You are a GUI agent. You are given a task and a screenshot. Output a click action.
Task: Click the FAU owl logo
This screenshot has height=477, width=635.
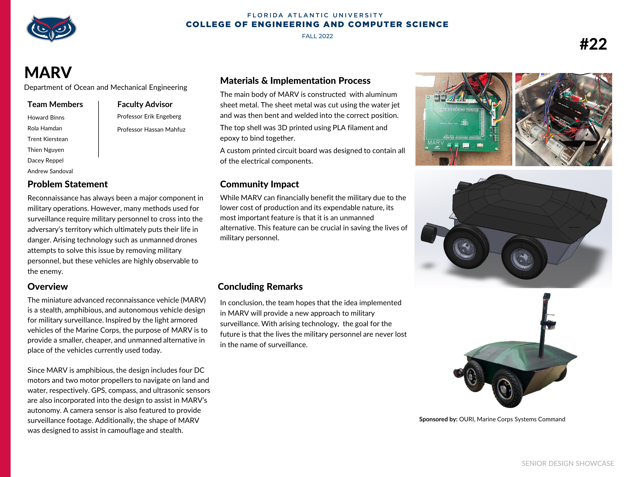pos(51,28)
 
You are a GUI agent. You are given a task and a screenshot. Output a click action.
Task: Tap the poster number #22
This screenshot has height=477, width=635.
pos(593,44)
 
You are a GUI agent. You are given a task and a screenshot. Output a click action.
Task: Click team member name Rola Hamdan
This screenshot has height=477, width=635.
pos(45,128)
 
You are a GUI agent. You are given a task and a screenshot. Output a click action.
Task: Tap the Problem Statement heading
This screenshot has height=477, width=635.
pos(68,184)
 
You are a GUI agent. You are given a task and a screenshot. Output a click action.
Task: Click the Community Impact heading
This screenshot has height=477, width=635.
pos(259,184)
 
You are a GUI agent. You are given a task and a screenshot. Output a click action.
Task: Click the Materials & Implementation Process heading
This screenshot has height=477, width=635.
pos(295,80)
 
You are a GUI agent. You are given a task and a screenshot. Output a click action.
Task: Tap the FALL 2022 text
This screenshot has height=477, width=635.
pos(317,36)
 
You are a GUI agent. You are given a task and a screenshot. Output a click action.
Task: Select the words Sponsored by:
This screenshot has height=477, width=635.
pos(438,419)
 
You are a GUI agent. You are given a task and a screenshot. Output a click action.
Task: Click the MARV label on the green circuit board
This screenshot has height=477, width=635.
pos(435,143)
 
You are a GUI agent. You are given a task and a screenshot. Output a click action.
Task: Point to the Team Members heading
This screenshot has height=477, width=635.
pos(55,104)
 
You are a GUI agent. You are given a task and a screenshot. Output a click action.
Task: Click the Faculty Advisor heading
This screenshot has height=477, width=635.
pos(145,104)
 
